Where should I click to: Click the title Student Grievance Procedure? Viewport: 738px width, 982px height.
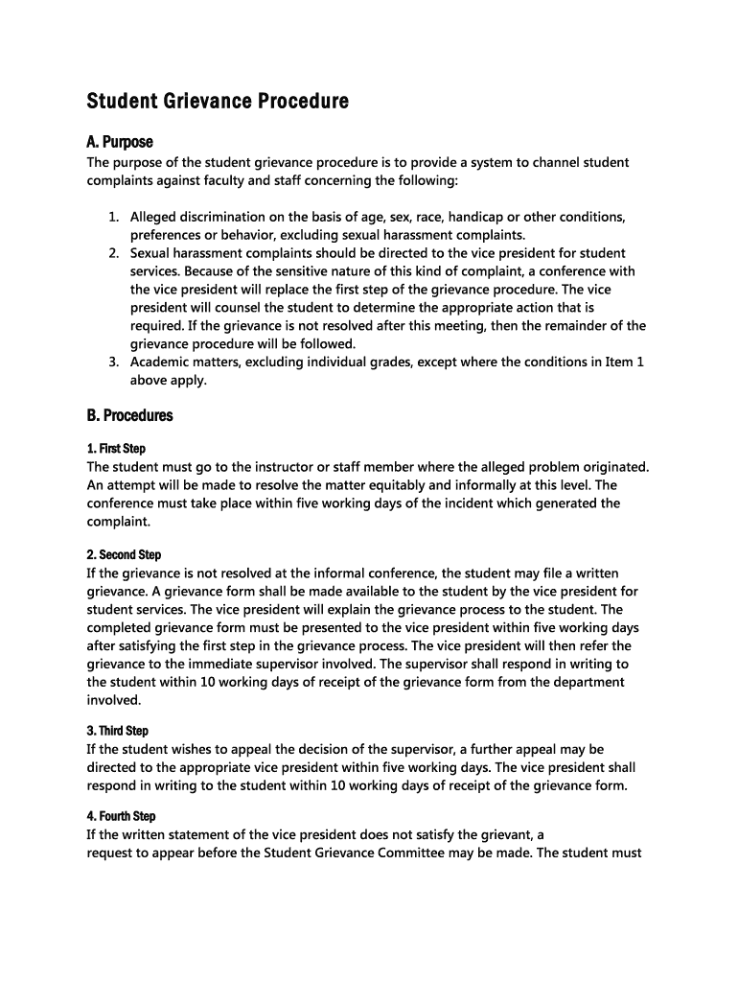point(218,101)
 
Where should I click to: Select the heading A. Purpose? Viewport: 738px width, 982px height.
point(120,142)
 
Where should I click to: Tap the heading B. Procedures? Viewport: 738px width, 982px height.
point(130,415)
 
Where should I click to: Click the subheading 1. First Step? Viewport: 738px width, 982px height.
point(116,449)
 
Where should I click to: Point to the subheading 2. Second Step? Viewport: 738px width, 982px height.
point(124,554)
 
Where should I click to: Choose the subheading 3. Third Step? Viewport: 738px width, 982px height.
point(118,731)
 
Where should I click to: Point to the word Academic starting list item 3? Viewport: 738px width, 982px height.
point(162,362)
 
